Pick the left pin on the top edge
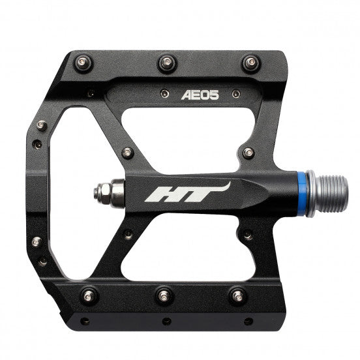pos(83,63)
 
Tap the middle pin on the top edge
pos(166,63)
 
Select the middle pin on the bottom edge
pos(164,297)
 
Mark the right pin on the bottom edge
pos(237,297)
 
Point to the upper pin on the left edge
pos(42,125)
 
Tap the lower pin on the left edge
pos(37,242)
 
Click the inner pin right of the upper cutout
pos(248,153)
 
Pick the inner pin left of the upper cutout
pos(127,153)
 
